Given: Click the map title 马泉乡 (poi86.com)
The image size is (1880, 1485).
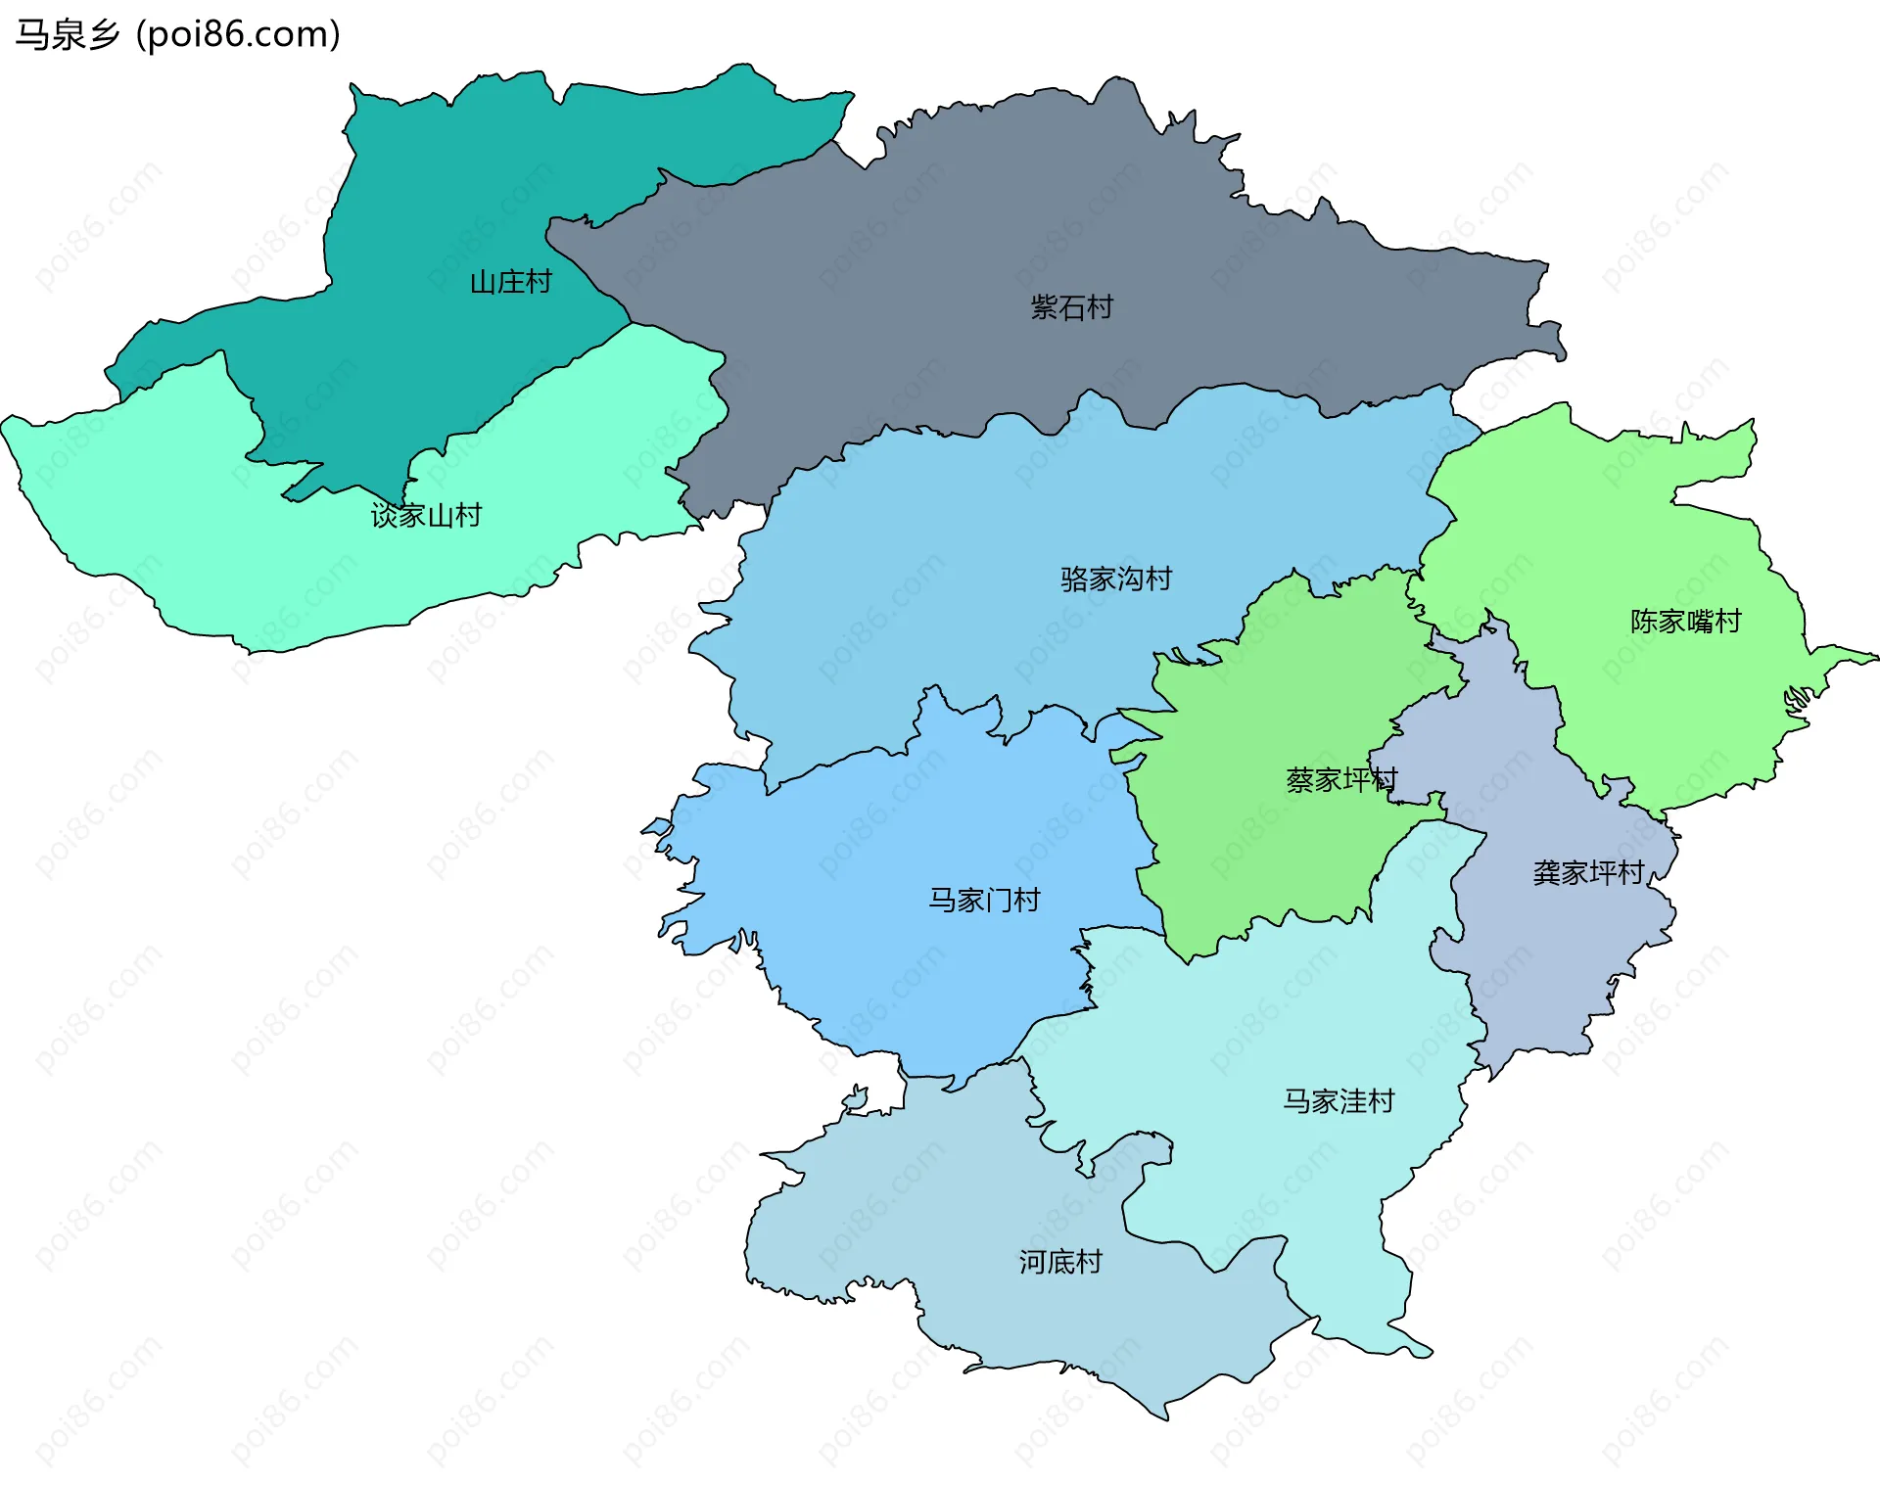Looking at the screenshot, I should pyautogui.click(x=177, y=34).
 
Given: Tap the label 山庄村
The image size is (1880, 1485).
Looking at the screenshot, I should pyautogui.click(x=510, y=282).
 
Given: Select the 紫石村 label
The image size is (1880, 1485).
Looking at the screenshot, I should pyautogui.click(x=1071, y=307).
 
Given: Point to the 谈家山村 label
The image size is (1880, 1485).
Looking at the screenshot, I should pyautogui.click(x=426, y=515).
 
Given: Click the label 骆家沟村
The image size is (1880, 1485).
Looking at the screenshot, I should pyautogui.click(x=1115, y=579).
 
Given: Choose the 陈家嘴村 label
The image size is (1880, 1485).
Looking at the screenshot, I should pyautogui.click(x=1685, y=621).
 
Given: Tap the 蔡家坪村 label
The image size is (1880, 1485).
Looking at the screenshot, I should pyautogui.click(x=1340, y=779).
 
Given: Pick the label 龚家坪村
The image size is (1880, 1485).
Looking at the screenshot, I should pyautogui.click(x=1587, y=872).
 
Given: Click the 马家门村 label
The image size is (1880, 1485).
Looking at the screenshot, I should pyautogui.click(x=984, y=900).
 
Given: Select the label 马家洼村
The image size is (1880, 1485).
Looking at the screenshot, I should pyautogui.click(x=1339, y=1101).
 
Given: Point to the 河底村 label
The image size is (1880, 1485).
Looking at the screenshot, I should pyautogui.click(x=1060, y=1262).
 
